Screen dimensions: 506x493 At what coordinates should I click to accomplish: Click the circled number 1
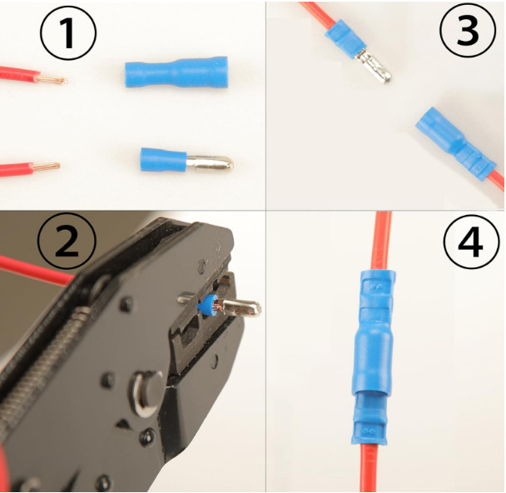coord(68,33)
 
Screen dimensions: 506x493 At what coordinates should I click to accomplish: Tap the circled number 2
coord(67,242)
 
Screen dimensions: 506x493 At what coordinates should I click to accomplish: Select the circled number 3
coord(468,30)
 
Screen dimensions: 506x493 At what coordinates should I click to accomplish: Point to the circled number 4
coord(471,242)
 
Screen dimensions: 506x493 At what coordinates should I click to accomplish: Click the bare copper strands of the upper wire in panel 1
coord(52,78)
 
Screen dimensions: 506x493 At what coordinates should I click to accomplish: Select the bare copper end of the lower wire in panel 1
coord(46,167)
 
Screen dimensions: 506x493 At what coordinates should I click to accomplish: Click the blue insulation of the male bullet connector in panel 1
coord(164,160)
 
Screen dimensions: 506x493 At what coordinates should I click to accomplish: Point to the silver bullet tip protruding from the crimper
coord(242,307)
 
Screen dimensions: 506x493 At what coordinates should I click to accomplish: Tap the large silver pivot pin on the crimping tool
coord(146,394)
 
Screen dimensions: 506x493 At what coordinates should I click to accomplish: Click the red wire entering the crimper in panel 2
coord(36,269)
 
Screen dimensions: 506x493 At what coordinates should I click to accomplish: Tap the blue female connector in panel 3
coord(455,143)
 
